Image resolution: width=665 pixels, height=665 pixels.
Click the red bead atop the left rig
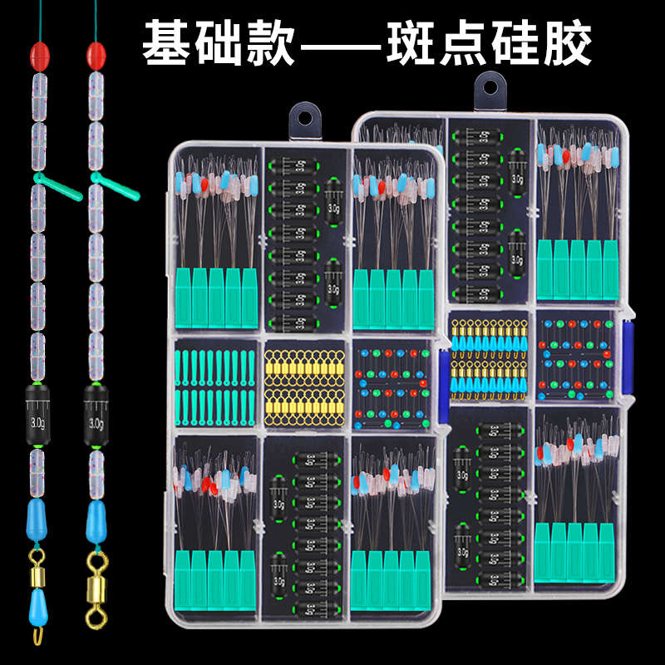tap(37, 57)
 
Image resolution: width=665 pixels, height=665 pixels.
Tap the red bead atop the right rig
tap(96, 57)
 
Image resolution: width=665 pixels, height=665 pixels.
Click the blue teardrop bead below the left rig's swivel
tap(37, 609)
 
